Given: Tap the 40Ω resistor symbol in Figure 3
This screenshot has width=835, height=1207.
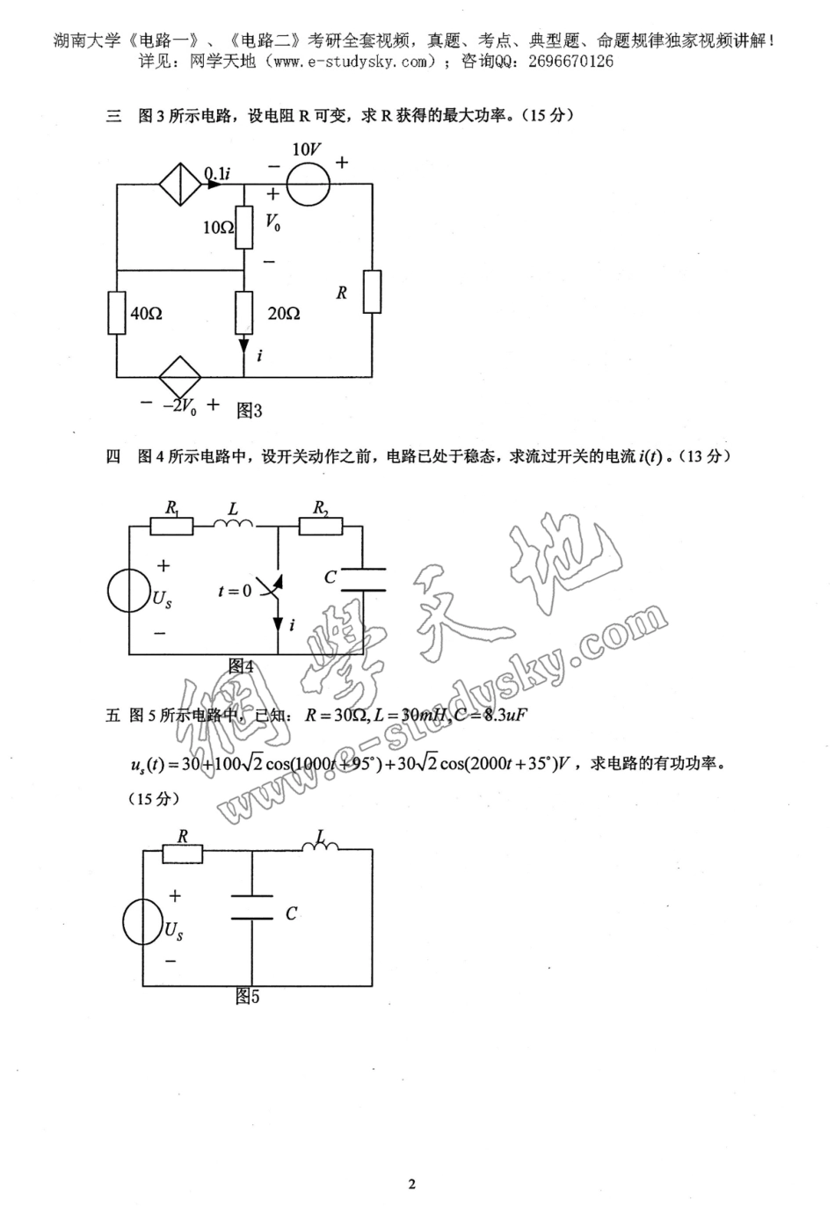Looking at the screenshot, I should [117, 313].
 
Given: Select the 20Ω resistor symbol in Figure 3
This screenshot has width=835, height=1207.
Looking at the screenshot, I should [244, 313].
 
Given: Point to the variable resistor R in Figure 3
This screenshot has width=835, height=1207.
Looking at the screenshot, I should [372, 292].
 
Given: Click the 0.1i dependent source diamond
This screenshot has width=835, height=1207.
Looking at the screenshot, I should [180, 185].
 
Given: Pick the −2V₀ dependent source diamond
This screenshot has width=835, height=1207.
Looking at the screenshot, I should [180, 377].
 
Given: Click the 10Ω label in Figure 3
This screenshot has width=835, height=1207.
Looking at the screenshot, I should [218, 228].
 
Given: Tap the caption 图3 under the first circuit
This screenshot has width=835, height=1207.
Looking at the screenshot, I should [250, 410].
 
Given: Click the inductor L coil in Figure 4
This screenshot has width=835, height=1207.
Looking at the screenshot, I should [233, 525].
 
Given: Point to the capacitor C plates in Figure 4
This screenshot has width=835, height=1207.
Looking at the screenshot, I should [363, 578].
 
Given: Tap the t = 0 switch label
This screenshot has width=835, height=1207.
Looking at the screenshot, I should [235, 591].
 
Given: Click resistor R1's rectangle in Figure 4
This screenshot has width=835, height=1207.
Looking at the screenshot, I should [171, 526].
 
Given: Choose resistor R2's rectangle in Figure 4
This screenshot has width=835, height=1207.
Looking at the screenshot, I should [321, 526].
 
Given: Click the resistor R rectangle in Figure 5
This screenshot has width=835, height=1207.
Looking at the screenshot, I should [182, 854].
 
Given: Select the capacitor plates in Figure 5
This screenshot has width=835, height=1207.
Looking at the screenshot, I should [252, 907].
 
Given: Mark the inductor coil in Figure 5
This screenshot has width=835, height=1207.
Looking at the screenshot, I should [320, 847].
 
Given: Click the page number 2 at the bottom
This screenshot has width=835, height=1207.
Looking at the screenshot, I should [411, 1183].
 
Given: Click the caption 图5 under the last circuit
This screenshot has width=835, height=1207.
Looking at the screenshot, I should [247, 997].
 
